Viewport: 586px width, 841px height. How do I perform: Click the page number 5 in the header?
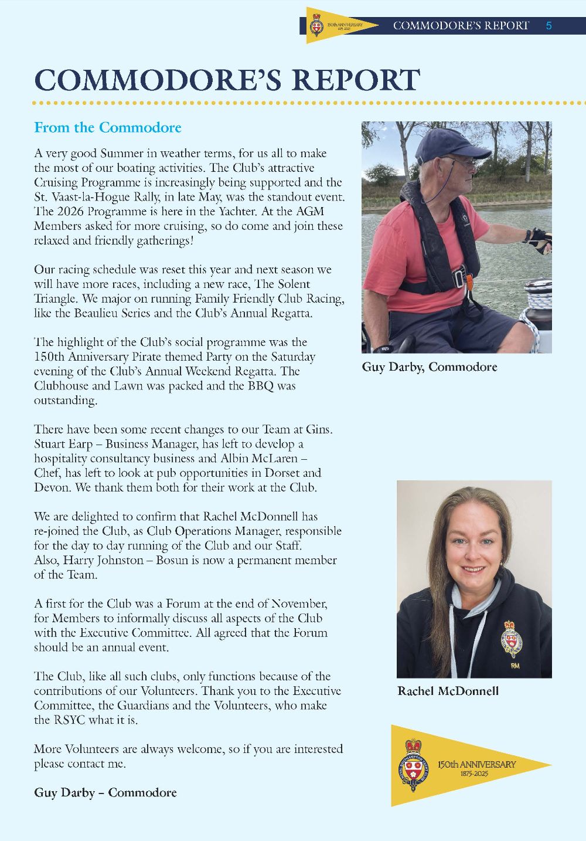click(x=548, y=26)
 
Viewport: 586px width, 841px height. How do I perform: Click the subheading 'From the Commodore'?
click(x=108, y=128)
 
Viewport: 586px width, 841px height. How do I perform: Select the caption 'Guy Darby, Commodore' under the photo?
click(x=430, y=367)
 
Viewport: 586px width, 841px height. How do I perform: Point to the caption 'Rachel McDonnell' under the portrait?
click(x=448, y=691)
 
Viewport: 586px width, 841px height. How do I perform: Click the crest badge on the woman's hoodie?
click(x=511, y=640)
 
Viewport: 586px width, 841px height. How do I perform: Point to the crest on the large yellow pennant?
click(x=414, y=765)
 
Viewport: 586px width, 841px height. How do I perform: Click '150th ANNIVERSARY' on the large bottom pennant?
click(x=476, y=765)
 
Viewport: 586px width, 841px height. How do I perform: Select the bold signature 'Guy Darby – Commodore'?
click(x=105, y=793)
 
